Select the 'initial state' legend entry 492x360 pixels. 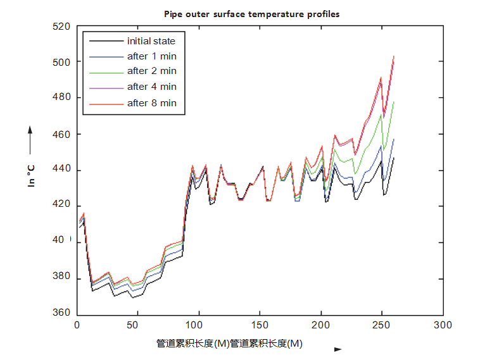(x=151, y=41)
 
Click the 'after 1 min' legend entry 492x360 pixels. (x=151, y=56)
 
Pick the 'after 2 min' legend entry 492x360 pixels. (x=151, y=71)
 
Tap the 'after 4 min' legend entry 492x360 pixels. (x=151, y=87)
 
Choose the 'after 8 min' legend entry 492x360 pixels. (x=151, y=102)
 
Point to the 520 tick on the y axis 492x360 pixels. (x=61, y=27)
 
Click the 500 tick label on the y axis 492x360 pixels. (x=61, y=62)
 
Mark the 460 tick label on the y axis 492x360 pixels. (x=61, y=135)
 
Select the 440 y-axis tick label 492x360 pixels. (x=61, y=171)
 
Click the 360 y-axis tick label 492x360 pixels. (x=61, y=313)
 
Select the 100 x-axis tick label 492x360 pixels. (x=199, y=325)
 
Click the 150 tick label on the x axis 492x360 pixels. (x=260, y=325)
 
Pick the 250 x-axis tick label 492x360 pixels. (x=382, y=325)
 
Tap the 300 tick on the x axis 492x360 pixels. (x=443, y=325)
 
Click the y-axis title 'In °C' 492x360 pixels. (x=30, y=173)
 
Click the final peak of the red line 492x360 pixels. (x=394, y=56)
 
